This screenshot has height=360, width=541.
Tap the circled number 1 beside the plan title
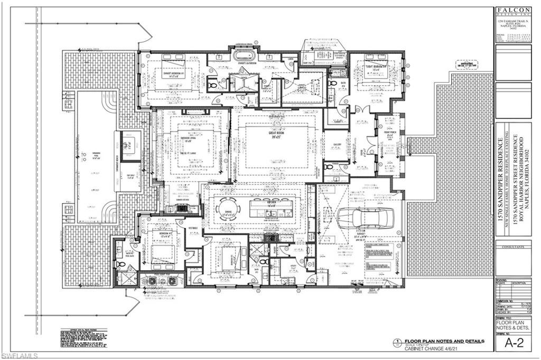[x=395, y=342]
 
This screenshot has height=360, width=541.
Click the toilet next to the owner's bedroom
[x=212, y=84]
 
